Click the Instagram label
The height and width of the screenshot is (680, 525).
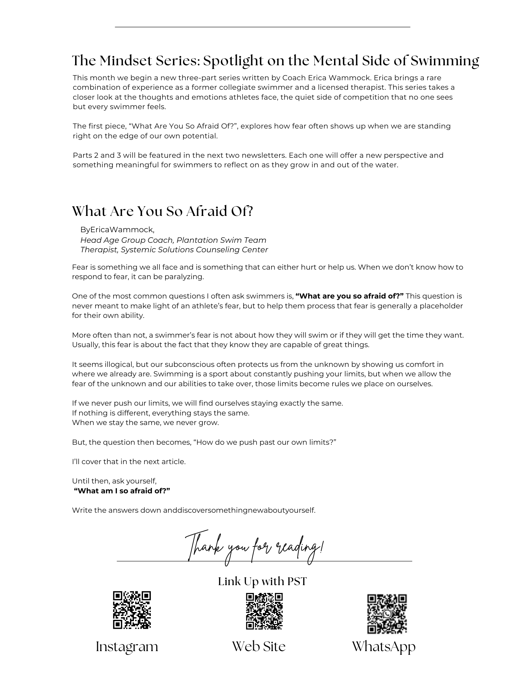(x=127, y=647)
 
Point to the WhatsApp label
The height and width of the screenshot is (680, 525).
(x=384, y=647)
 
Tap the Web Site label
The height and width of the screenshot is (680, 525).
(x=259, y=646)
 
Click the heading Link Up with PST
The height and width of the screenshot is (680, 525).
(x=262, y=581)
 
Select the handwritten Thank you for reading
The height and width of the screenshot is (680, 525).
(x=255, y=548)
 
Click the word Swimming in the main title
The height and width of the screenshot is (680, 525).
(x=445, y=61)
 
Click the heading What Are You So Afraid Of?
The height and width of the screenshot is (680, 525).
(x=162, y=211)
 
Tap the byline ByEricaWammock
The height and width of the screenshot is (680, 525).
(x=117, y=230)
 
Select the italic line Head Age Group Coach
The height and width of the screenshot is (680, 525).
(x=173, y=240)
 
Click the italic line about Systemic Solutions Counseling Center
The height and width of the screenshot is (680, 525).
(x=174, y=250)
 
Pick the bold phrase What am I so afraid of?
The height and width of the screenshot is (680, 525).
(x=122, y=491)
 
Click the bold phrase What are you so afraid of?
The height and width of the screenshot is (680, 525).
(x=349, y=296)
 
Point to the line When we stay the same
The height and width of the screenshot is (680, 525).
(x=145, y=423)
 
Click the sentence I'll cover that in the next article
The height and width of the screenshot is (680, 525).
(x=129, y=462)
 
